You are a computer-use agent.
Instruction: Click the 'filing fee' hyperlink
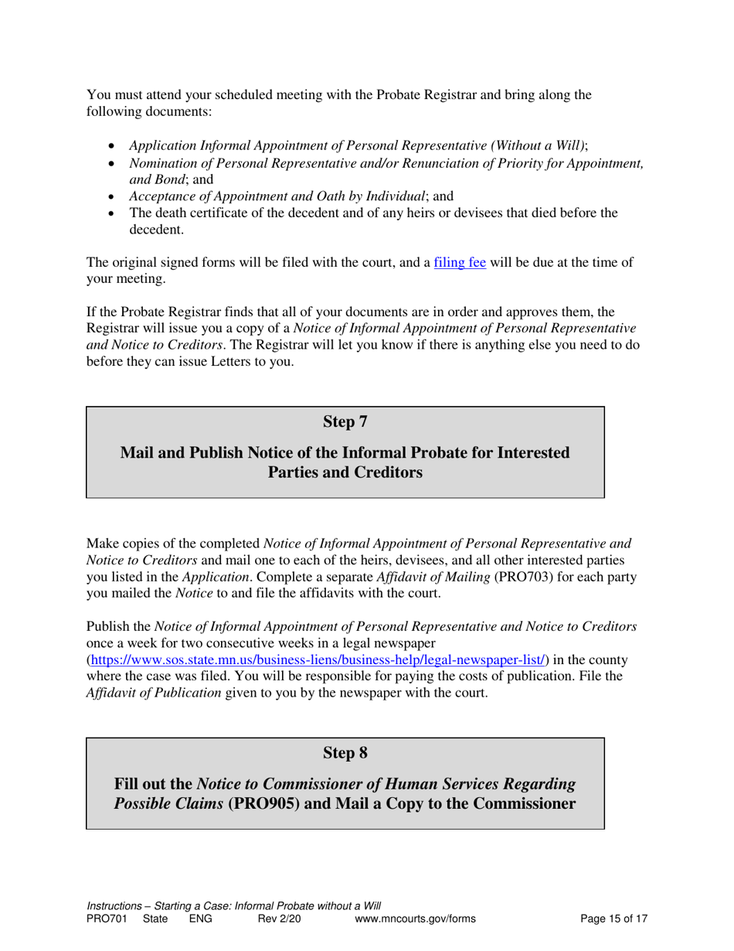click(x=460, y=262)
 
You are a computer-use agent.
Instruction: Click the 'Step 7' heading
click(x=345, y=421)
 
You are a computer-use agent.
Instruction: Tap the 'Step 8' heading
click(x=345, y=752)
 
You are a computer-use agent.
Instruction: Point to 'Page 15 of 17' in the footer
click(x=613, y=919)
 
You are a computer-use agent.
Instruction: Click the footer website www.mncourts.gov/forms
click(x=415, y=919)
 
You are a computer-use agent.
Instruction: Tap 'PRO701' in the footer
click(x=104, y=919)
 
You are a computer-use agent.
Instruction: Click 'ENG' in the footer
click(x=200, y=919)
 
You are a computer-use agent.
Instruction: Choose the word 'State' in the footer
click(x=155, y=919)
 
